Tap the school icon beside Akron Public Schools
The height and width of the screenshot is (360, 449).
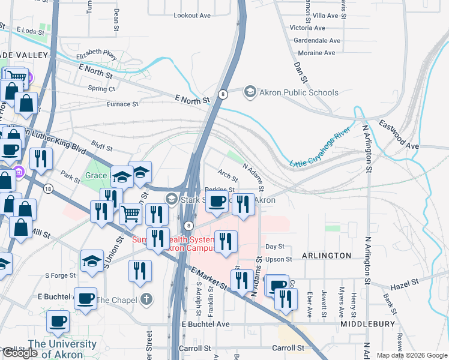(x=250, y=92)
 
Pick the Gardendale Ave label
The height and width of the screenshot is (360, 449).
(x=317, y=41)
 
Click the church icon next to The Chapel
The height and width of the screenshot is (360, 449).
(x=145, y=300)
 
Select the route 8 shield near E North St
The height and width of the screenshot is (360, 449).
(x=223, y=94)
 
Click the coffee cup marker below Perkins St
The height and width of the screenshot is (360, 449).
(x=217, y=201)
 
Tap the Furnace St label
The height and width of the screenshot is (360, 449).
(x=122, y=104)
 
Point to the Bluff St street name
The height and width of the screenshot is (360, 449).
(x=102, y=144)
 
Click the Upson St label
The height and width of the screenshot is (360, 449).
(x=279, y=259)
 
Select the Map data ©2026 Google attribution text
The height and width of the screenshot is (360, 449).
(x=412, y=355)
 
